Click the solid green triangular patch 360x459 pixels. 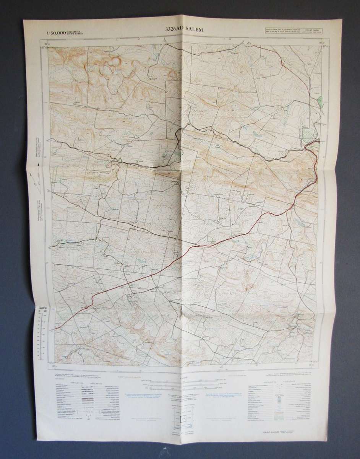point(319,103)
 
